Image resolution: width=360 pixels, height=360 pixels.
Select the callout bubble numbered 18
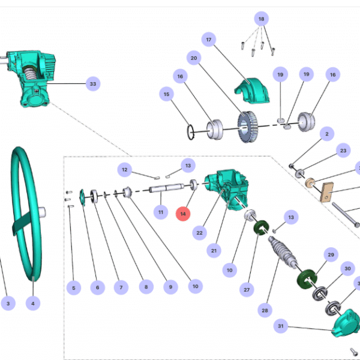(261, 19)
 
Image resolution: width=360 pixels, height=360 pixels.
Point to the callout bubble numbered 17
(209, 40)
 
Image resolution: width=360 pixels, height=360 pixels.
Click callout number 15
(167, 94)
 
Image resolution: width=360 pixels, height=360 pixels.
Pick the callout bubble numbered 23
(343, 150)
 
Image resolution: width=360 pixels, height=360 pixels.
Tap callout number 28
(265, 310)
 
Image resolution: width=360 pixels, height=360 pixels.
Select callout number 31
(280, 326)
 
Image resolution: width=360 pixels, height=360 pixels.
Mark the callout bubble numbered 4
(32, 304)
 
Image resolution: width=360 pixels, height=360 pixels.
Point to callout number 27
(245, 289)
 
